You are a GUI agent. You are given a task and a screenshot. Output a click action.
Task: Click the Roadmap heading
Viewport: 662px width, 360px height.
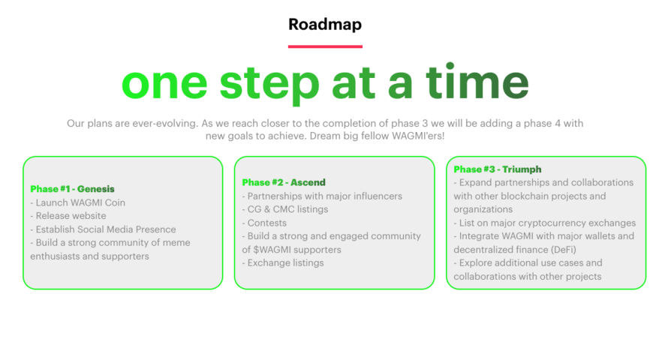click(325, 25)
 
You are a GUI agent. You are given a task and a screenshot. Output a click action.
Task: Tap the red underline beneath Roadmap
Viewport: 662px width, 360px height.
click(325, 46)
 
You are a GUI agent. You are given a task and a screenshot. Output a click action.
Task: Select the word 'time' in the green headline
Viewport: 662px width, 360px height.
click(477, 81)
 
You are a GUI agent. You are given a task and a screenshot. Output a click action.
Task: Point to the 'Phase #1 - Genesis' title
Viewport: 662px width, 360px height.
click(72, 189)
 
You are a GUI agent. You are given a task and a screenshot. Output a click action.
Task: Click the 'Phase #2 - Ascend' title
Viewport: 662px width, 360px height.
click(284, 182)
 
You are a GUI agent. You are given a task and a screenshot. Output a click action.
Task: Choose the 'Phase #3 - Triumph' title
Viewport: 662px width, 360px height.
click(498, 169)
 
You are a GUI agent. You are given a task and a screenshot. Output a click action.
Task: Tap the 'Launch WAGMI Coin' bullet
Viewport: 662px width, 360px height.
click(78, 202)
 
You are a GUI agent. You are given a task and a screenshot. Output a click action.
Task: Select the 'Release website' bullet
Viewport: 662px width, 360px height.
click(68, 216)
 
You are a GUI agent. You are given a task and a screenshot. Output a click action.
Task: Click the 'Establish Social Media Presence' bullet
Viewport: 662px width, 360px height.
click(103, 229)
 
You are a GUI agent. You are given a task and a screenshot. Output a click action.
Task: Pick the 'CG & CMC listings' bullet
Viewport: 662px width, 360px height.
click(285, 209)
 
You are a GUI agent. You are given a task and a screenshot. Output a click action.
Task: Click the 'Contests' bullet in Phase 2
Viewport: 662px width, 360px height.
click(264, 223)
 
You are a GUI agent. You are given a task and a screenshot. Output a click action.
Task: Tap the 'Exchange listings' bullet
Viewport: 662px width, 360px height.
click(283, 263)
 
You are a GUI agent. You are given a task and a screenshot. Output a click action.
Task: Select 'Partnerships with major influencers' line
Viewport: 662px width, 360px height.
click(322, 196)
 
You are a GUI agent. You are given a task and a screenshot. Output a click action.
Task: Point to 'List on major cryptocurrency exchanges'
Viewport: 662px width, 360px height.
click(545, 223)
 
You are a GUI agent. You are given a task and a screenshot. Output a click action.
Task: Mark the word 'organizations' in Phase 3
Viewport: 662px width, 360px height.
click(483, 209)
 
